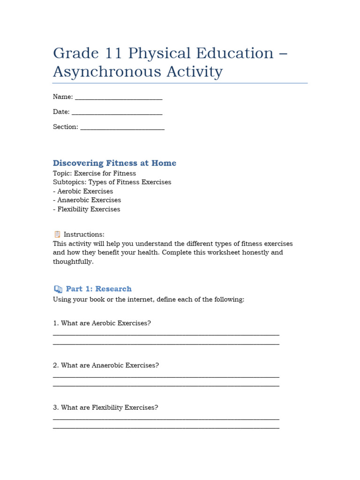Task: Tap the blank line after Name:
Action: (119, 98)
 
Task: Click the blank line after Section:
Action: (122, 128)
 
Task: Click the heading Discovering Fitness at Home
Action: (114, 163)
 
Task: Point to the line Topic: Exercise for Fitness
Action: (94, 173)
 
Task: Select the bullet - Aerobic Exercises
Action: (83, 191)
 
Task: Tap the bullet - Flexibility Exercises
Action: (86, 210)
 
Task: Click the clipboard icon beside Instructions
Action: (57, 234)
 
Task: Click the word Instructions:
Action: (84, 234)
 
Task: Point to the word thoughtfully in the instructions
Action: (73, 262)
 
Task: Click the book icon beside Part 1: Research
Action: (58, 289)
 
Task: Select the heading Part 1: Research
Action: (98, 289)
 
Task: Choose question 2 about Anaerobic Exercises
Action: (106, 366)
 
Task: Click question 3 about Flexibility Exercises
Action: (105, 408)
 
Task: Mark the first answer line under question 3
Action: (166, 419)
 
